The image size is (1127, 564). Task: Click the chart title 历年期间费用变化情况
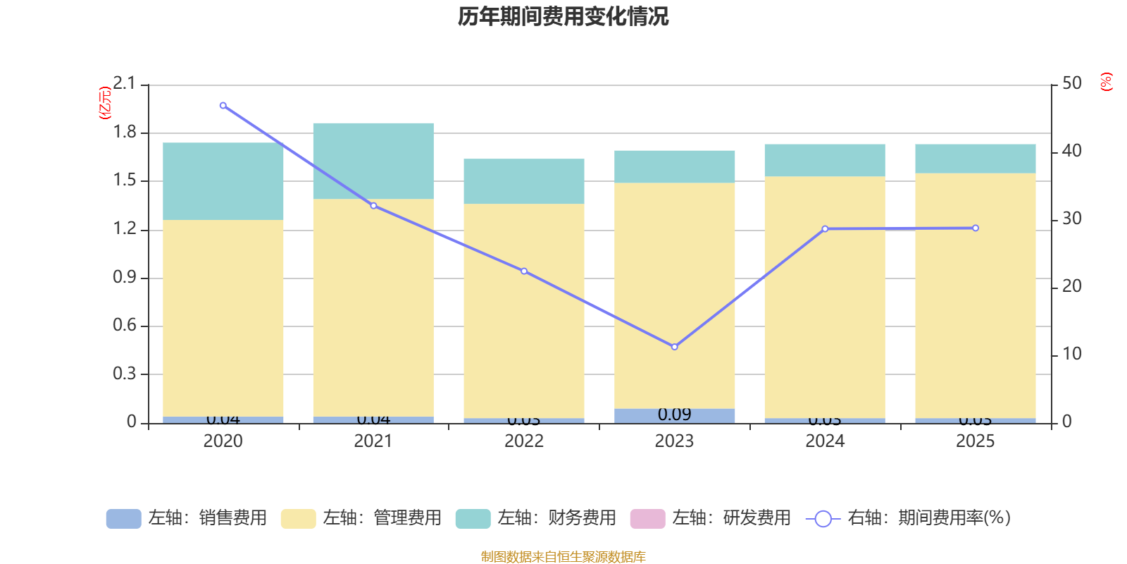563,16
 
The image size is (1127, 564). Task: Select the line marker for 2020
223,106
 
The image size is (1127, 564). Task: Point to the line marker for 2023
674,347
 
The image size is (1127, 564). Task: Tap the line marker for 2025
976,228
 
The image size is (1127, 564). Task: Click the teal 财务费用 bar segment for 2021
373,161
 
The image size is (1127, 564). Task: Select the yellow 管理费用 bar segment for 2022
524,310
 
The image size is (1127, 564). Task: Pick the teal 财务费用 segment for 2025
976,159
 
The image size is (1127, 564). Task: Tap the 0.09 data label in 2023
674,415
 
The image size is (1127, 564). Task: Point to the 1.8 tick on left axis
125,133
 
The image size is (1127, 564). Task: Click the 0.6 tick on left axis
125,326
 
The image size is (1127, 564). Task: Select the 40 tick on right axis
1071,151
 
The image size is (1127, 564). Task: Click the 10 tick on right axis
1071,354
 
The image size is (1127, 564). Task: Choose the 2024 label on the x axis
825,441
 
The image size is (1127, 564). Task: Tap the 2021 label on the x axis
373,441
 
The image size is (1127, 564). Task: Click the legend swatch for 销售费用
123,519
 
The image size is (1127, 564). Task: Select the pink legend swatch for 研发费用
647,519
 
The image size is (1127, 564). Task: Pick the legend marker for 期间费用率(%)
823,519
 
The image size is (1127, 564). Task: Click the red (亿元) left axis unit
105,103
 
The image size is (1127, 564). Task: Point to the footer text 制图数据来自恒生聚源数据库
563,557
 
